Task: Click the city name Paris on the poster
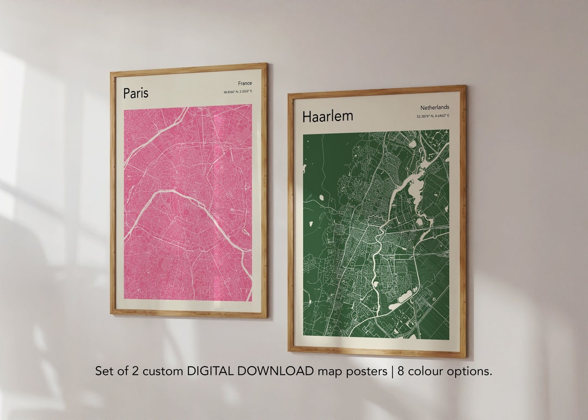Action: (136, 93)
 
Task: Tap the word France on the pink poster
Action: (245, 83)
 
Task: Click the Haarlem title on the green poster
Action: (328, 116)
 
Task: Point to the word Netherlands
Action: (434, 108)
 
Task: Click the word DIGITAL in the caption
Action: (209, 371)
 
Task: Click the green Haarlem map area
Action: (338, 261)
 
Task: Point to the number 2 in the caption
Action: (136, 371)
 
